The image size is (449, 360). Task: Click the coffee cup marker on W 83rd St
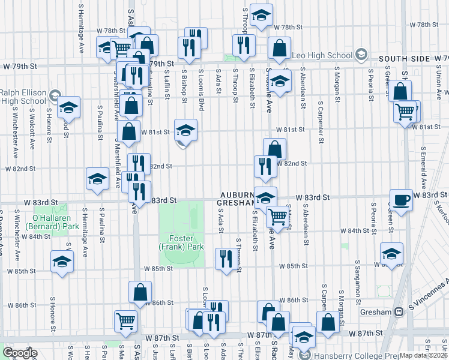401,199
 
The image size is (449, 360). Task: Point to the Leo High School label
321,55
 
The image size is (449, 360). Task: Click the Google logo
19,353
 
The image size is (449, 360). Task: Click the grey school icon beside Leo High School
361,55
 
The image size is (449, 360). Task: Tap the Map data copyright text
423,355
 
